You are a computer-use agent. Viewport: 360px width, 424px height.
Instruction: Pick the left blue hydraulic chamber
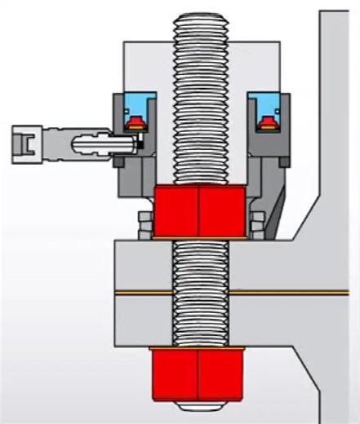(x=133, y=107)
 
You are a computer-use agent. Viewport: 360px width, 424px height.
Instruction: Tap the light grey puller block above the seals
(x=147, y=65)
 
